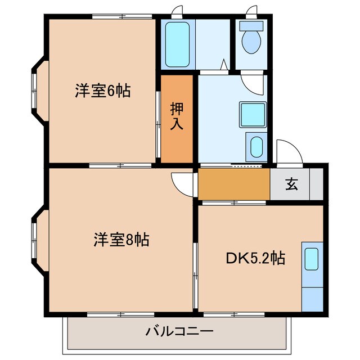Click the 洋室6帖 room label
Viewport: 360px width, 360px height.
click(102, 91)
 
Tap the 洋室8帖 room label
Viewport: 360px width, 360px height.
click(120, 241)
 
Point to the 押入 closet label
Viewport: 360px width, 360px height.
click(177, 115)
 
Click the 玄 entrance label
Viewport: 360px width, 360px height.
click(290, 185)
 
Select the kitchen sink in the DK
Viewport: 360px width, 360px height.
click(311, 259)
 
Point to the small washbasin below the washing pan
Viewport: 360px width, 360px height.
click(256, 147)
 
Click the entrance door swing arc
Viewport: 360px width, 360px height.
click(290, 152)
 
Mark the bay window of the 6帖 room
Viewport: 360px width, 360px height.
click(37, 91)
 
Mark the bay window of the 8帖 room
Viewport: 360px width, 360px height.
click(37, 241)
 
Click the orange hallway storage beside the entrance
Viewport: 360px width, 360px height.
click(233, 184)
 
